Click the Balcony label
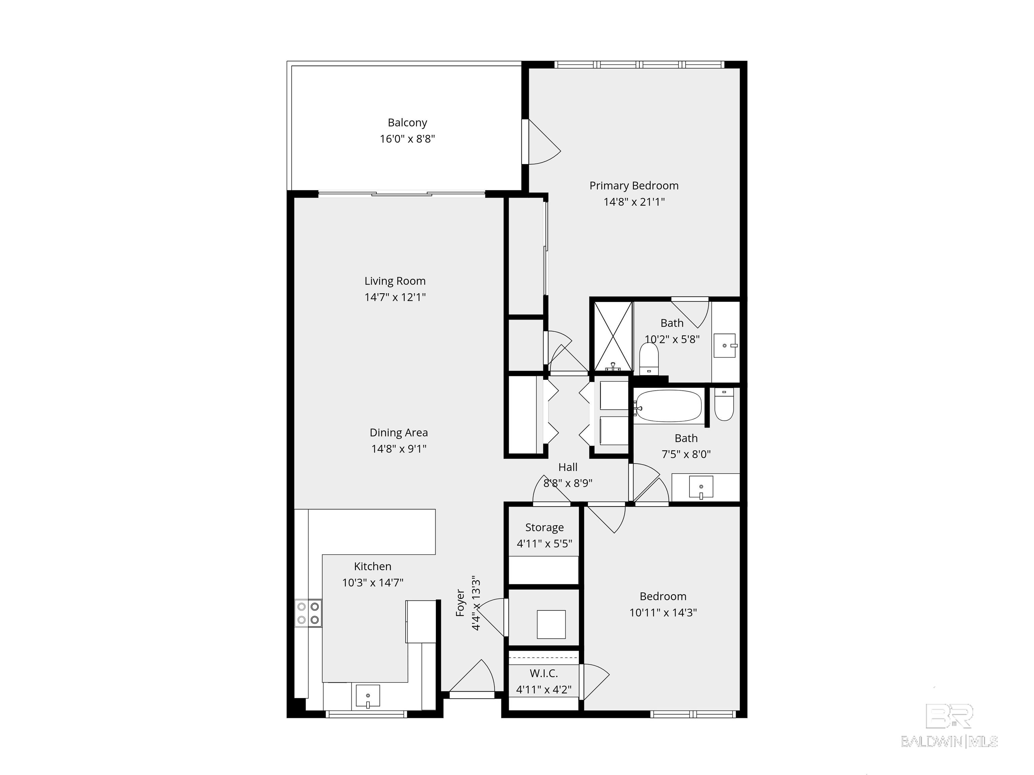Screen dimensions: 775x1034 407,123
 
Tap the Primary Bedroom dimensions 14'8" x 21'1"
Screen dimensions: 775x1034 634,202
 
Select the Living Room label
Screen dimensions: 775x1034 395,281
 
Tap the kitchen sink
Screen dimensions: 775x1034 368,696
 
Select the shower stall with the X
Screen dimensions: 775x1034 613,336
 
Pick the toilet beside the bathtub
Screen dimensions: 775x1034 724,405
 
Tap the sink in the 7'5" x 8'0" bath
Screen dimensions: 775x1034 701,488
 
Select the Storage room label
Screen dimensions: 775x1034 545,527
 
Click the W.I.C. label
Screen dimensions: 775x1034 544,673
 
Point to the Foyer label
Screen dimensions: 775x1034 460,603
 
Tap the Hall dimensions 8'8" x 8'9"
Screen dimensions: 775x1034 568,483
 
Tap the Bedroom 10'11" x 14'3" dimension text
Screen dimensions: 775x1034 663,613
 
